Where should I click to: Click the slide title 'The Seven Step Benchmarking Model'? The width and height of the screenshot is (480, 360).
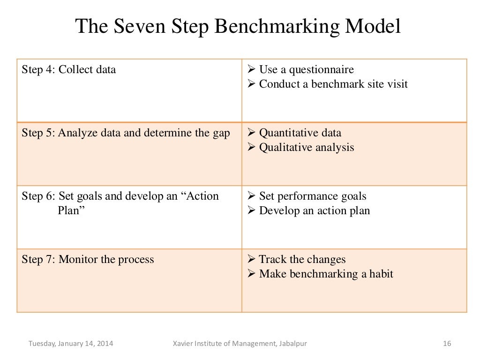tap(238, 27)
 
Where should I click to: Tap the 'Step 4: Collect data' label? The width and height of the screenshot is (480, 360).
tap(69, 70)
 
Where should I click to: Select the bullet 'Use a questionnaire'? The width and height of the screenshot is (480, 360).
tap(306, 70)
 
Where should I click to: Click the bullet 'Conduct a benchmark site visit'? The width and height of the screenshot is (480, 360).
tap(333, 84)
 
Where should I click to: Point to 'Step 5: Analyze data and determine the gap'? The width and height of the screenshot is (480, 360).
tap(126, 133)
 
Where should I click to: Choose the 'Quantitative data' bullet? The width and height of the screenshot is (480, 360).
tap(300, 133)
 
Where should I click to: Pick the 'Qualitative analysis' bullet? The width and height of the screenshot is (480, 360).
tap(307, 147)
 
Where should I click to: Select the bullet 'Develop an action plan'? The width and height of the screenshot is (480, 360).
tap(315, 210)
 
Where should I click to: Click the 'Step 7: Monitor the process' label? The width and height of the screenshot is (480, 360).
tap(88, 259)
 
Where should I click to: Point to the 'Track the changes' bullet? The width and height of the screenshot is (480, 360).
tap(302, 259)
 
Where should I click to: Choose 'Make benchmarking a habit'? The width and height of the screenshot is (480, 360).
tap(326, 274)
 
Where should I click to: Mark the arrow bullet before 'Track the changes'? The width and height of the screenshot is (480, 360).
tap(250, 259)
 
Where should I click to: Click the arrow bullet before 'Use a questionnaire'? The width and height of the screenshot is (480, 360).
tap(250, 70)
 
